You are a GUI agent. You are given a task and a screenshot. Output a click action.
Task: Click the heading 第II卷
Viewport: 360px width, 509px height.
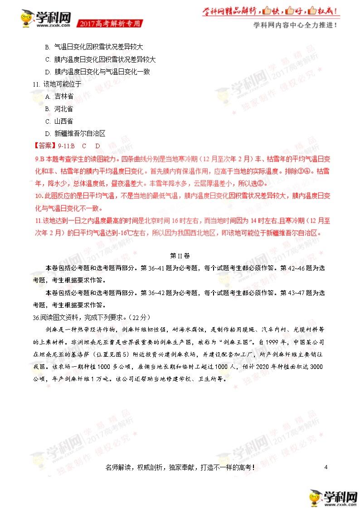pos(180,255)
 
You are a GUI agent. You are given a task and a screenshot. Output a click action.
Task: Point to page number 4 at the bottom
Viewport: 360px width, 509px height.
pos(326,467)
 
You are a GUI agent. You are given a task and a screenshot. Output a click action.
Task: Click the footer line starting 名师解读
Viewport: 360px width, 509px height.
pos(180,467)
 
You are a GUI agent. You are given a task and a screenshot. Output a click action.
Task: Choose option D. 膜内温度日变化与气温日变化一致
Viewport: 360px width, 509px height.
pos(97,72)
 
